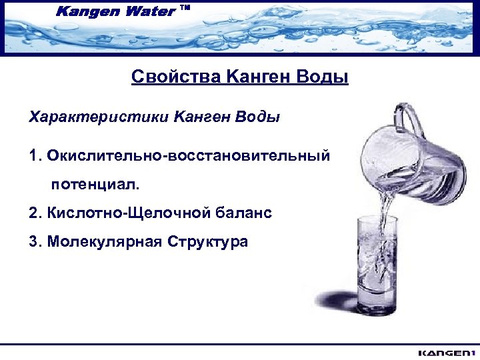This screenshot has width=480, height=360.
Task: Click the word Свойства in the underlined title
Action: (175, 78)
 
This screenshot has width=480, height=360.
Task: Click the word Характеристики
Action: (99, 117)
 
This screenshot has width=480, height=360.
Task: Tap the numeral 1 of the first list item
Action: (33, 156)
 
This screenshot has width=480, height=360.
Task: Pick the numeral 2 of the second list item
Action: (34, 213)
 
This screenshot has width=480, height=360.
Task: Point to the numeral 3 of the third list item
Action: (34, 241)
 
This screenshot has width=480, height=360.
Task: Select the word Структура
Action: (207, 241)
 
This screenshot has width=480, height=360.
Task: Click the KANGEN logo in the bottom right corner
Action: (445, 352)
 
